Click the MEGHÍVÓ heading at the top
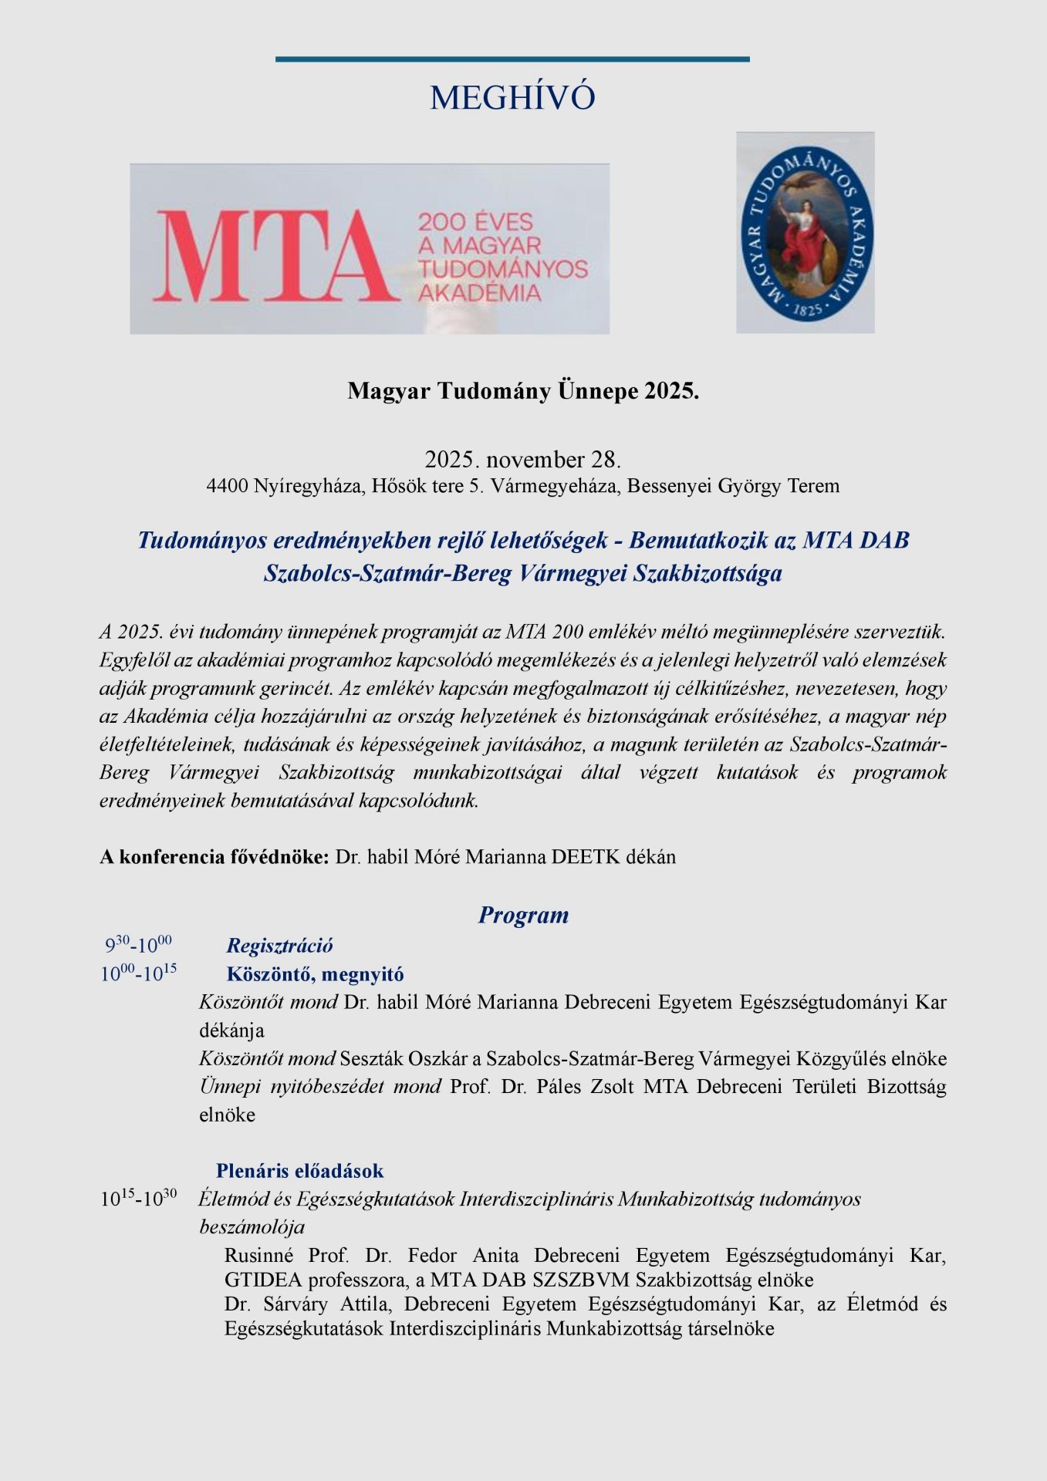512,98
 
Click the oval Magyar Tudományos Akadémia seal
805,232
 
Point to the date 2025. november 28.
522,460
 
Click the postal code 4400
227,487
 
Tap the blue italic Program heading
523,916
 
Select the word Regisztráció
279,946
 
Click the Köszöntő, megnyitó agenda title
315,974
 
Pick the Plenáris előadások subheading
299,1171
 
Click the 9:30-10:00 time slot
138,945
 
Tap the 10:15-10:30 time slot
138,1199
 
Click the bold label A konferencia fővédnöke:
214,857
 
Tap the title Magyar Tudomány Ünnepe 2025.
523,392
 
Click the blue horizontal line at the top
512,59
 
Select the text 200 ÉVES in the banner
475,223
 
